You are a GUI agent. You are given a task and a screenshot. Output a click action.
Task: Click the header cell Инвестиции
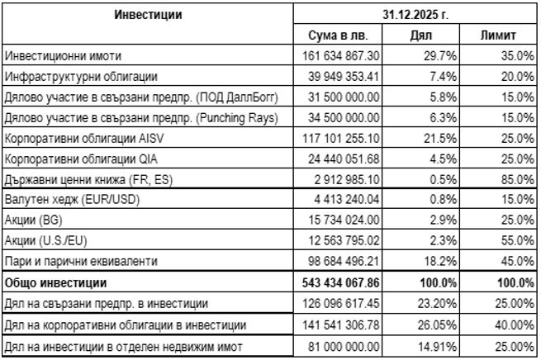click(x=148, y=14)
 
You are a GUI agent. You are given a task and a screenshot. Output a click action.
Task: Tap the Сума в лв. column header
click(x=342, y=36)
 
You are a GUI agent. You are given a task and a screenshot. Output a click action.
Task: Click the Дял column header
click(x=421, y=36)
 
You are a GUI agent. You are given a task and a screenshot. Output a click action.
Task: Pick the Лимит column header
click(x=498, y=36)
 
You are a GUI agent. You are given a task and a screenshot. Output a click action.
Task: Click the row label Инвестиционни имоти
click(x=63, y=56)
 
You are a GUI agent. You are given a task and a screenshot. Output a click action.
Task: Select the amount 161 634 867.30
click(x=341, y=56)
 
